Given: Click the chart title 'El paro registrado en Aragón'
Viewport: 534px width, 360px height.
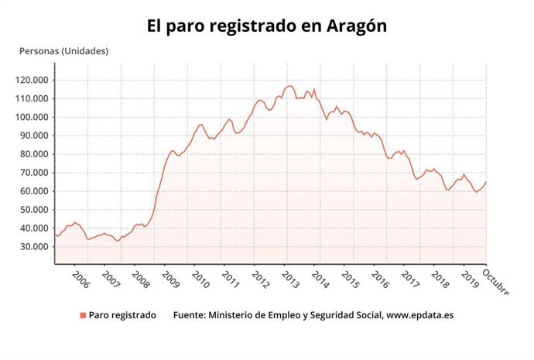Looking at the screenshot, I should (267, 26).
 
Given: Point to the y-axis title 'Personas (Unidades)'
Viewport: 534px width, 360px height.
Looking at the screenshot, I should (63, 51).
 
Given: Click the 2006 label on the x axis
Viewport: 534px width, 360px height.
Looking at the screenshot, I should (80, 278).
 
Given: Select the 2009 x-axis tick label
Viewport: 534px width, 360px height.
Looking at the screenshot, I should (169, 278).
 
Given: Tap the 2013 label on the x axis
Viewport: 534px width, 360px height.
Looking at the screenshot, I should (289, 278).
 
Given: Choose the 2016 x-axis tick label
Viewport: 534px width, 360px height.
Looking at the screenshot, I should (380, 278).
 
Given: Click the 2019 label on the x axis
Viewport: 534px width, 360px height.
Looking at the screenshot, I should (471, 278).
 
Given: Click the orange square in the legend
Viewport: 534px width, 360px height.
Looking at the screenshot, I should (82, 315).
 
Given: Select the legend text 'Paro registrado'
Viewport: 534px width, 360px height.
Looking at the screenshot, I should (122, 315).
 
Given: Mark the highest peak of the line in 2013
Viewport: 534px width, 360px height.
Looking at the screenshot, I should (289, 86).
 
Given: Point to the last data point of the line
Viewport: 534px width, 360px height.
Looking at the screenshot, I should (486, 182).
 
